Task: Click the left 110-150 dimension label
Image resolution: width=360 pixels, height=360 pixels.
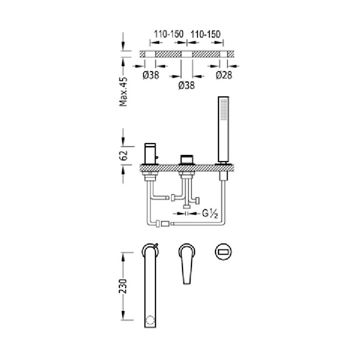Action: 168,34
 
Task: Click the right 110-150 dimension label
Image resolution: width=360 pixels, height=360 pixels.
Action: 205,34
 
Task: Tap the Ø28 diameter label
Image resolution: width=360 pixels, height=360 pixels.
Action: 224,75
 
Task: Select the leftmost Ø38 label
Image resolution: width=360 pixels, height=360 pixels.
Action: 150,75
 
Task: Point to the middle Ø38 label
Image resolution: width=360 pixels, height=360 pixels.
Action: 186,86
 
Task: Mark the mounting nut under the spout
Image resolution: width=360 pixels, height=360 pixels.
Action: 149,175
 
